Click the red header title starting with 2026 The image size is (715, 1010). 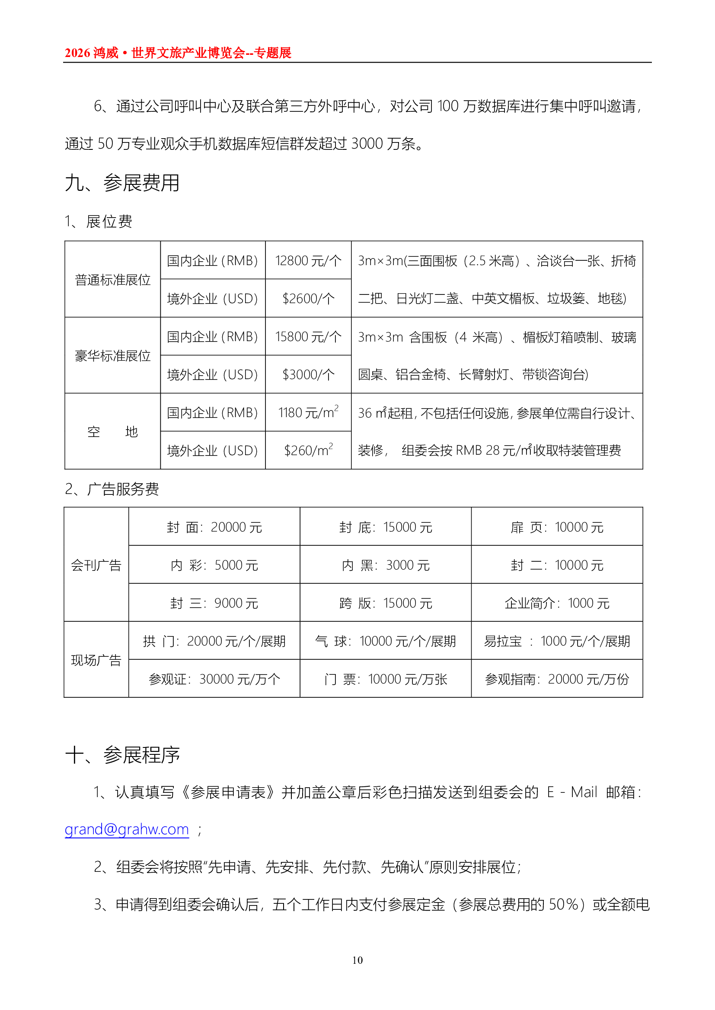point(178,53)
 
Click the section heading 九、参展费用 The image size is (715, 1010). point(122,183)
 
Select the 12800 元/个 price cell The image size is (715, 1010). point(308,260)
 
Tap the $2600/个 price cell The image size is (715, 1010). point(308,298)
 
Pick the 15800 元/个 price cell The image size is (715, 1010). point(308,336)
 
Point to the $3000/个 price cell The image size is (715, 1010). point(308,374)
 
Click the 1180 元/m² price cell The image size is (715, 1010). point(308,413)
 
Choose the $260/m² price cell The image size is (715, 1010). point(308,450)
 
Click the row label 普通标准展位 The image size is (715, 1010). point(112,279)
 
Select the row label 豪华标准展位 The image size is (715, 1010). point(112,355)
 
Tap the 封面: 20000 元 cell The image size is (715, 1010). point(214,527)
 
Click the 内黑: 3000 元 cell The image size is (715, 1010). point(385,565)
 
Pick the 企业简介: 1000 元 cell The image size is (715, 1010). point(556,603)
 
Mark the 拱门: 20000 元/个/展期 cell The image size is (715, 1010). point(214,641)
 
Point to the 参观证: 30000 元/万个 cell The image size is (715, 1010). point(214,679)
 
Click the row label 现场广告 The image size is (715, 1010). point(96,660)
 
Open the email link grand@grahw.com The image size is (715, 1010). point(127,829)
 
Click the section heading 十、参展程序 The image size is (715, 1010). point(122,755)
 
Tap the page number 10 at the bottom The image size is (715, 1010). point(357,960)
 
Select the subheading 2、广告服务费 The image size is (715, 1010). point(112,489)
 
